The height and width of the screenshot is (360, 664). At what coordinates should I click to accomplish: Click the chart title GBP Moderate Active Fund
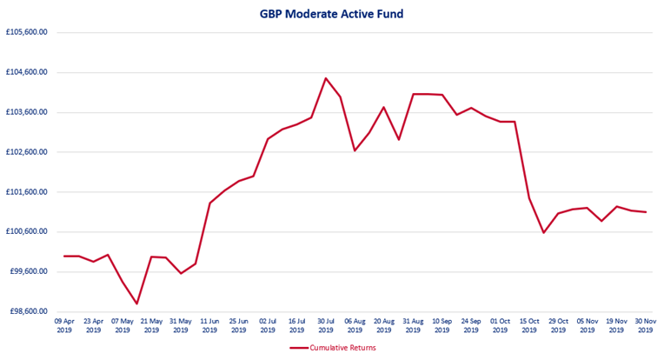coord(332,14)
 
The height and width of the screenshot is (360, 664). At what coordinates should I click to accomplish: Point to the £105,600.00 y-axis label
coord(25,32)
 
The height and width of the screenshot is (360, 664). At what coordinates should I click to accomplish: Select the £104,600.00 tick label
coord(25,72)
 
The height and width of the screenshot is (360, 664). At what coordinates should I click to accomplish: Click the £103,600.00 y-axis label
coord(25,112)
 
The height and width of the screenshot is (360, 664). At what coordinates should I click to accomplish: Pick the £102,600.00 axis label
coord(25,152)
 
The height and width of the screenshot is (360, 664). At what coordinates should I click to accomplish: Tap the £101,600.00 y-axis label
coord(25,192)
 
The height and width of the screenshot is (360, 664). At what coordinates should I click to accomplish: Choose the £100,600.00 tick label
coord(25,232)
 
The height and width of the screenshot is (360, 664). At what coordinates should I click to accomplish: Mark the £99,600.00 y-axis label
coord(27,271)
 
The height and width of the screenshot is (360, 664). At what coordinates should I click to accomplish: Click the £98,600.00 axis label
coord(27,311)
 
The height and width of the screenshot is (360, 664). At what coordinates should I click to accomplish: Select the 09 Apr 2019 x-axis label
coord(64,325)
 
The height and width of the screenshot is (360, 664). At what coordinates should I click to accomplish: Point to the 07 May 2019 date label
coord(123,325)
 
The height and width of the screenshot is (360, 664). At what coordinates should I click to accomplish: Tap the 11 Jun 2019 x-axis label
coord(209,325)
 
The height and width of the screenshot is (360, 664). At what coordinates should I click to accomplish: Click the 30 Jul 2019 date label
coord(326,325)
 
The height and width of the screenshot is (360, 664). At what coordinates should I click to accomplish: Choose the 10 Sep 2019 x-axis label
coord(442,325)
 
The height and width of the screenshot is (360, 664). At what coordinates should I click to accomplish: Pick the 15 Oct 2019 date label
coord(529,325)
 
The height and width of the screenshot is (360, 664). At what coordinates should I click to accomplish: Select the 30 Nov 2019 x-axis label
coord(646,325)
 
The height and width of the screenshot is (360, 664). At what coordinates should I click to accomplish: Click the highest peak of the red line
coord(326,78)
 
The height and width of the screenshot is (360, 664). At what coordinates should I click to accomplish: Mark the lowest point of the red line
coord(137,303)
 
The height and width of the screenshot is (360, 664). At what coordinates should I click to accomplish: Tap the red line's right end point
coord(646,212)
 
